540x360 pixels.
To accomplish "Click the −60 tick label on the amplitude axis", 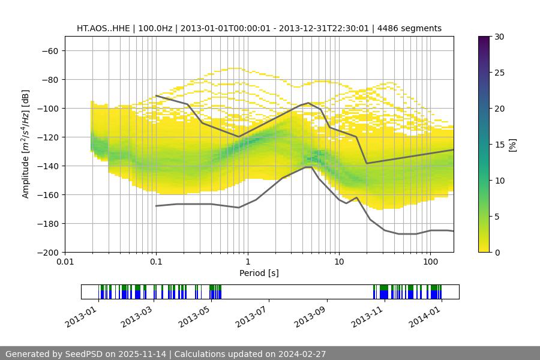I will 48,51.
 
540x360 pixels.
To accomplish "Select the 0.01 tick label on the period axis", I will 65,262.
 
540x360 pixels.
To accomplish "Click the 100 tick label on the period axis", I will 430,262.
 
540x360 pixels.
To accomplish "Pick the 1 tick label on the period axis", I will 248,262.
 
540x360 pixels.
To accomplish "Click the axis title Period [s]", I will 259,273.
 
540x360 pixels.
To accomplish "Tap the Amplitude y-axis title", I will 26,144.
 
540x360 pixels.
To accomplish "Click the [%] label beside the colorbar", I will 512,145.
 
